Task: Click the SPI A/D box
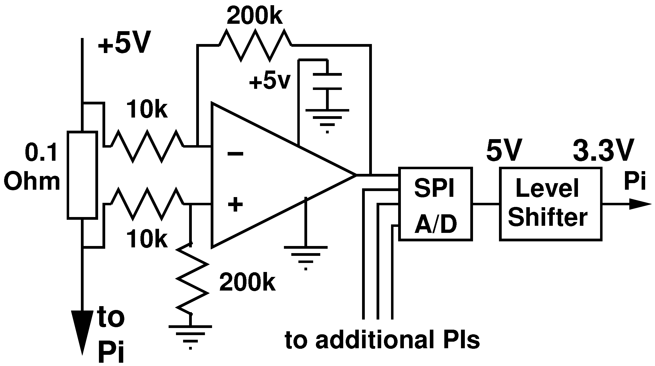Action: (x=435, y=204)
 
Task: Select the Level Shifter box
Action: (x=551, y=204)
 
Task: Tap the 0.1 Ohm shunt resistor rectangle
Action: (x=83, y=175)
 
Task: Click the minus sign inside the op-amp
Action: (x=235, y=154)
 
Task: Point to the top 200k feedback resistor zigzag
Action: (x=255, y=45)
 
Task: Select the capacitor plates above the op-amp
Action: (x=327, y=81)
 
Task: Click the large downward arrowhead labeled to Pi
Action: (x=82, y=331)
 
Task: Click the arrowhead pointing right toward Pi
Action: (x=639, y=204)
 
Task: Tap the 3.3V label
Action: (x=603, y=150)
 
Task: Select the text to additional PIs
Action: (x=382, y=341)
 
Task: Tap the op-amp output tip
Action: (x=355, y=175)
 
